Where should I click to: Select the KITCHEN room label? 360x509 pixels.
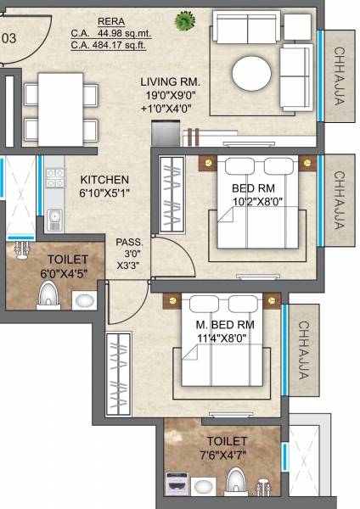click(x=104, y=180)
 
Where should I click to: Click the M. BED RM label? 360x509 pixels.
click(x=227, y=326)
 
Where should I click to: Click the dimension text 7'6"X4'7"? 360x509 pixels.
click(x=226, y=456)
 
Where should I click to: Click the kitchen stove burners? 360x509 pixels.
click(x=55, y=177)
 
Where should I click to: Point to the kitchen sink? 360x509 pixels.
click(x=55, y=218)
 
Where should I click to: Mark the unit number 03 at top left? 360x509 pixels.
click(x=9, y=38)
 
